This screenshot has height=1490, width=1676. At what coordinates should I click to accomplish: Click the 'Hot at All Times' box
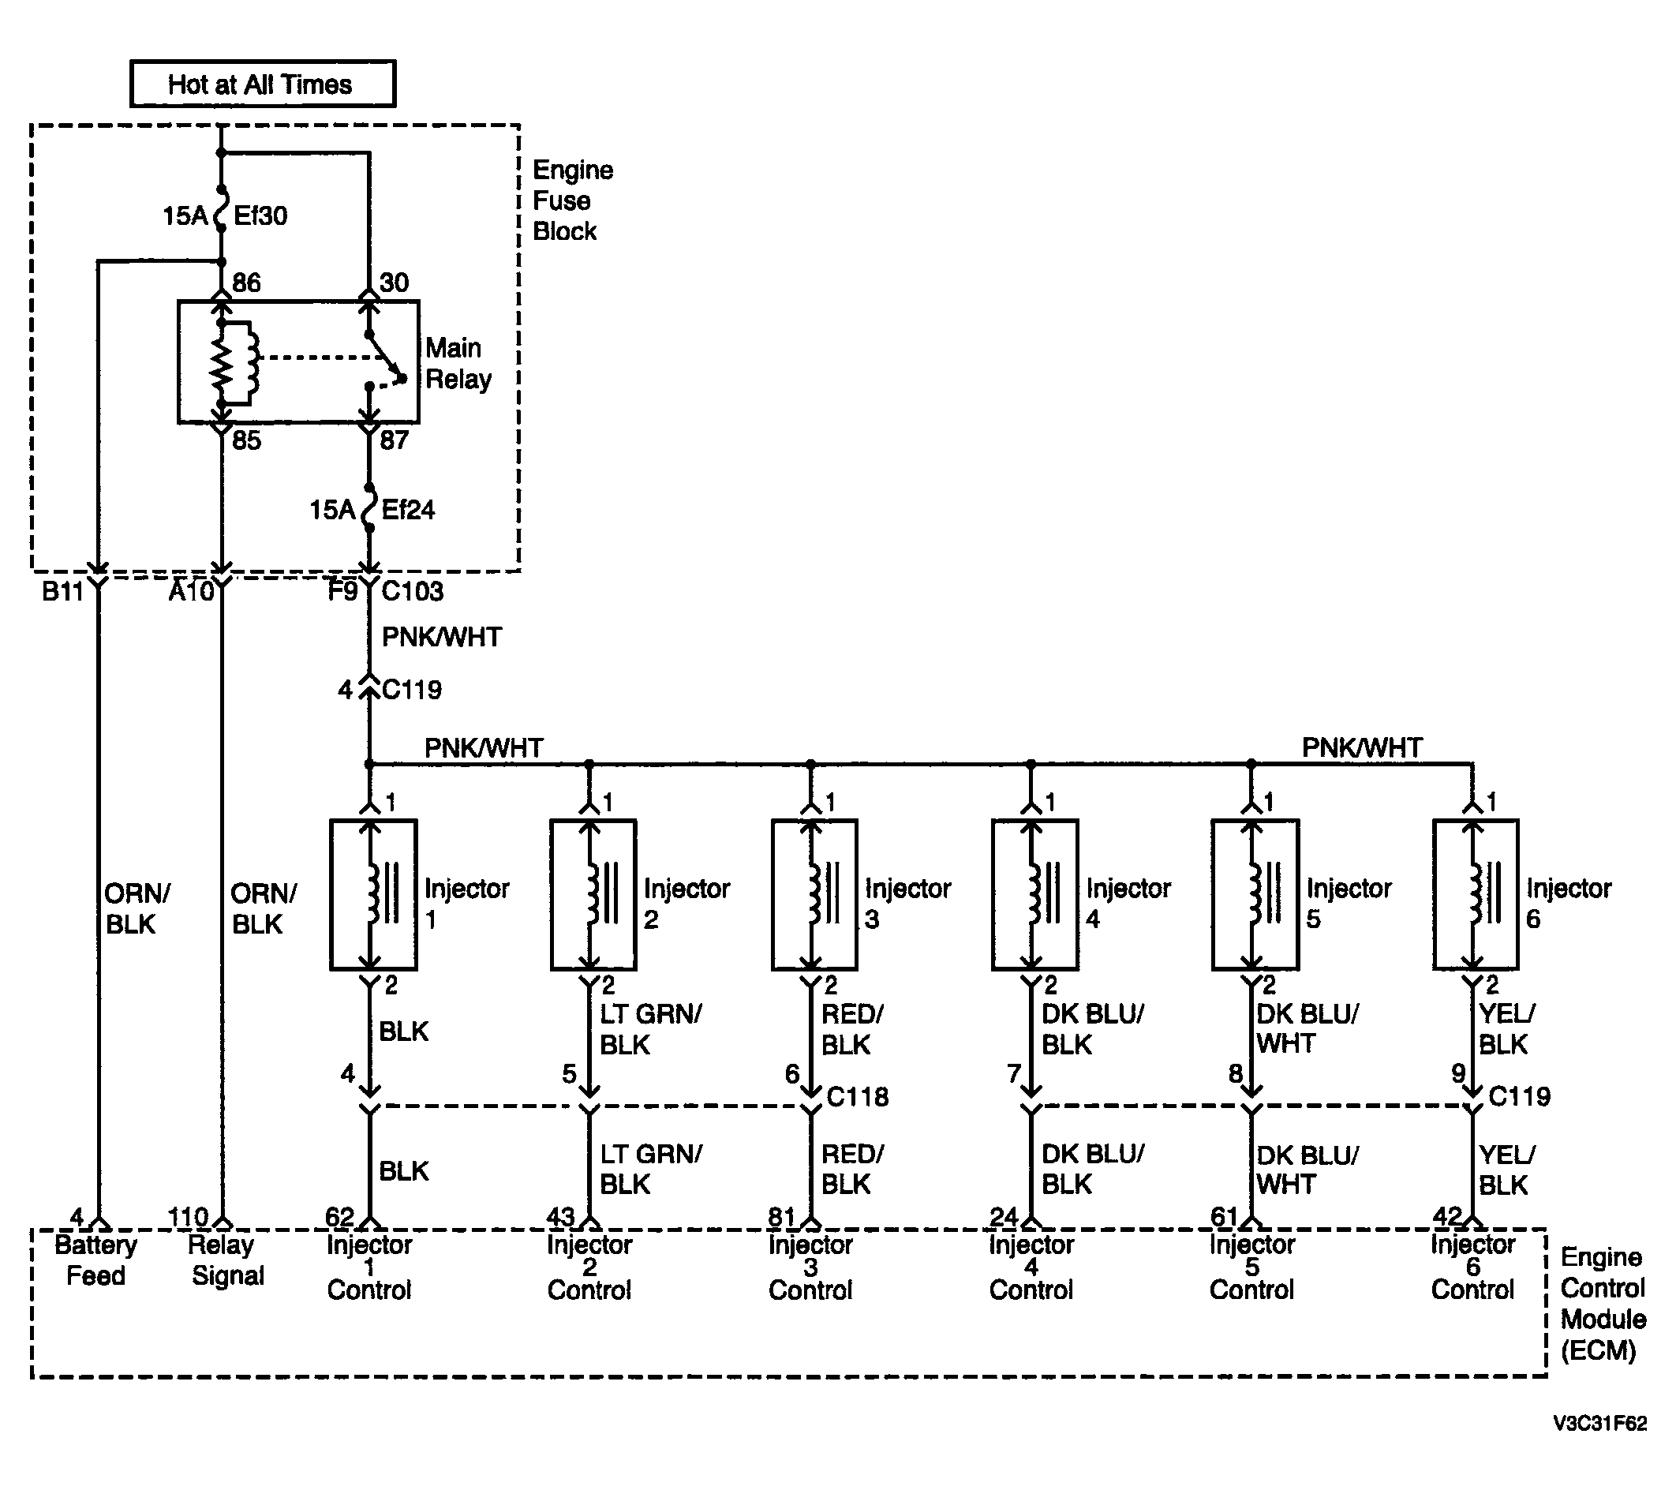[264, 84]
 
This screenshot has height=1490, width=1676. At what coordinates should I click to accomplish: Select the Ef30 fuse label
[260, 215]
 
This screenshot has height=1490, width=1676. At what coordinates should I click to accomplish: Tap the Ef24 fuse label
[408, 510]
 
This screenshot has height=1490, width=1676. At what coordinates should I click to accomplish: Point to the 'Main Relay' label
[458, 363]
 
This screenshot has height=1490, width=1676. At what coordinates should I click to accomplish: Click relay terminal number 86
[246, 283]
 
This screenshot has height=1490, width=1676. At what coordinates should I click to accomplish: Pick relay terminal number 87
[394, 440]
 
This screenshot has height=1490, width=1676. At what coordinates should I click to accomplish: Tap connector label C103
[413, 591]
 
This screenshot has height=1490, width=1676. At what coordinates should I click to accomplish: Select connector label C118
[857, 1096]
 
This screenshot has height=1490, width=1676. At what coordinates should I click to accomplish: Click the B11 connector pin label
[62, 591]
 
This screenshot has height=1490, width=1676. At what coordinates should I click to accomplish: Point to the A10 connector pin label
[191, 591]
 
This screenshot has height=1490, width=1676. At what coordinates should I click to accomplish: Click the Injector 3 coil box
[814, 895]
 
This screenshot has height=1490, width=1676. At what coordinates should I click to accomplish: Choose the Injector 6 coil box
[1476, 895]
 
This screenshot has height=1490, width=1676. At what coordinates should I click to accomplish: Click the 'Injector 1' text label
[466, 904]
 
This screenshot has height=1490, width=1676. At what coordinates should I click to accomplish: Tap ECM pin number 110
[188, 1218]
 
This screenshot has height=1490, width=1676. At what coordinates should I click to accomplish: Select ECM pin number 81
[781, 1218]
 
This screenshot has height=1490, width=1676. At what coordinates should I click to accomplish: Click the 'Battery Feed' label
[96, 1260]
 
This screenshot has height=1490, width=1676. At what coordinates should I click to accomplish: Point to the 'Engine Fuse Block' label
[573, 201]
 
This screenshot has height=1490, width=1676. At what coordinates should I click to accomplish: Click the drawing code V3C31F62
[1599, 1424]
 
